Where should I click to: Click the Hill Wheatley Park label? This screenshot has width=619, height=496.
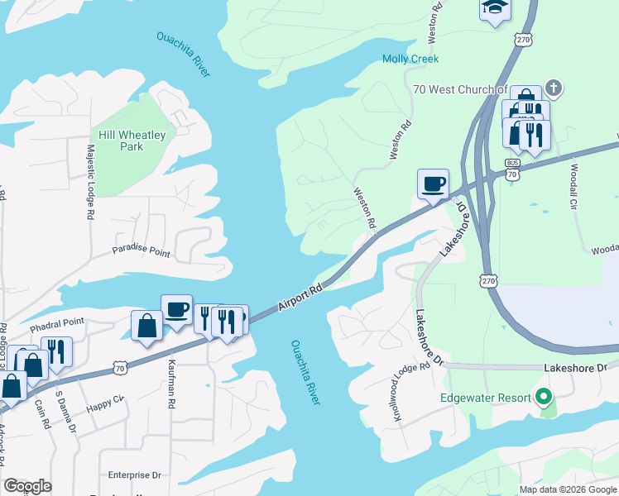[132, 141]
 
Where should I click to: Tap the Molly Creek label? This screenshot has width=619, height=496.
[410, 59]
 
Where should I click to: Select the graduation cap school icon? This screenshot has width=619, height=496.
[495, 7]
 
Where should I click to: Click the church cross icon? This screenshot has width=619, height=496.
[554, 88]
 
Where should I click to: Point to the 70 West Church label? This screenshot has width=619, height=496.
[458, 89]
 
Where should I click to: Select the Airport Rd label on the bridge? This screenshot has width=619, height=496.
[300, 298]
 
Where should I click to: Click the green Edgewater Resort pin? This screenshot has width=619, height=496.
[543, 398]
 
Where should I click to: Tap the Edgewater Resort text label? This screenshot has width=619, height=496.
[486, 398]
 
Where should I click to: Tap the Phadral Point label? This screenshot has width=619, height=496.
[57, 322]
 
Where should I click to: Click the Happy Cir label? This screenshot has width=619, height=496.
[105, 403]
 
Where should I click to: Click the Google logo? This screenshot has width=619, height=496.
[27, 486]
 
